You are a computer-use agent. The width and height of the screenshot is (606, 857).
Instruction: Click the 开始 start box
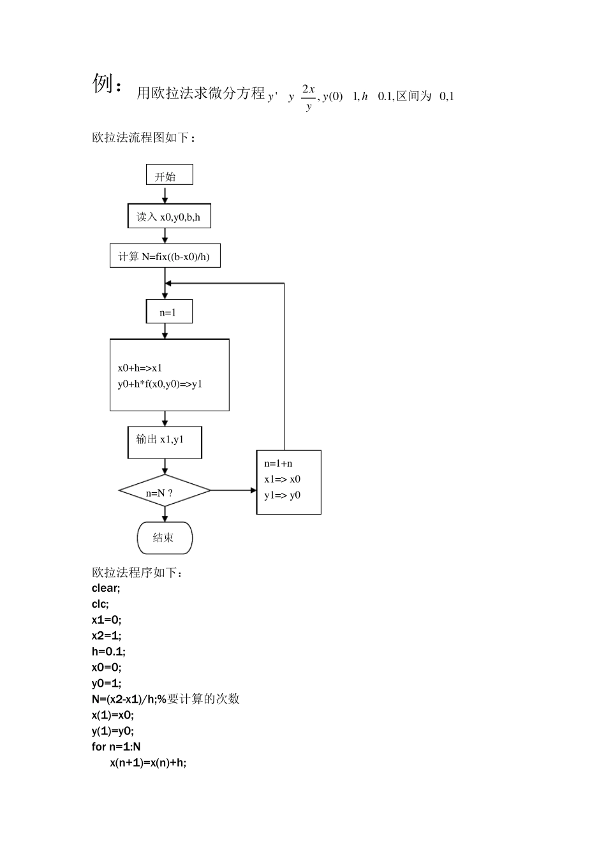point(169,175)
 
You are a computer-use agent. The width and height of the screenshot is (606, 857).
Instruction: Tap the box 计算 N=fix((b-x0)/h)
point(165,256)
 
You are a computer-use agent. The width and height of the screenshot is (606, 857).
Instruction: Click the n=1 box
point(169,312)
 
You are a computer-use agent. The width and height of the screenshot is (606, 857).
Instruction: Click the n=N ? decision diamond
point(165,492)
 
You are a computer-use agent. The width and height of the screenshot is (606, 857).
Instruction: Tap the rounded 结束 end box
point(165,538)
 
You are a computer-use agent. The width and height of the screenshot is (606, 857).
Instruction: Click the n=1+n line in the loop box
point(279,464)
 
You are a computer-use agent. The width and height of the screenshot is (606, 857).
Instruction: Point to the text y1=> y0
point(283,495)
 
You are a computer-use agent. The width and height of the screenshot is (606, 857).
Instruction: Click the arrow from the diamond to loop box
point(233,490)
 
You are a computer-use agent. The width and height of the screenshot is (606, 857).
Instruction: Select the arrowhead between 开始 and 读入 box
point(165,200)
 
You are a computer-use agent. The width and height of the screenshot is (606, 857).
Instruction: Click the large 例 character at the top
point(103,84)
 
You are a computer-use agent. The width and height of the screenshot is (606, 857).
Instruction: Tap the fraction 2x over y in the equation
point(309,98)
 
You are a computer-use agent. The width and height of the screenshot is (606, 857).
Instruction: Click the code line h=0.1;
point(108,652)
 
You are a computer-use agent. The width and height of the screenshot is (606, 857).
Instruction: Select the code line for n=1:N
point(116,747)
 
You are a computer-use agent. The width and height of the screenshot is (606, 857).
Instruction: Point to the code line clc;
point(100,604)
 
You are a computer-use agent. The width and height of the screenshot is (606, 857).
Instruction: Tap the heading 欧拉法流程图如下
point(144,138)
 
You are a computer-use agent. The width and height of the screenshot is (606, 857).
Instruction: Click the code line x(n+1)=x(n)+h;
point(148,763)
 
